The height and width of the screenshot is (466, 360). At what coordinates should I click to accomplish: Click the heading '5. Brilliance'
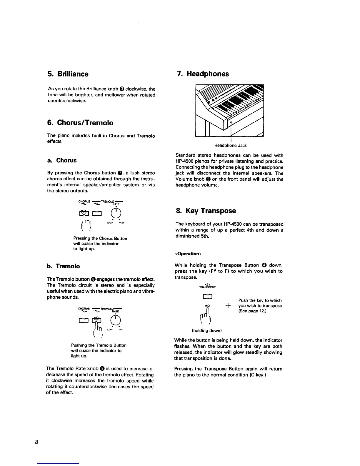click(x=68, y=74)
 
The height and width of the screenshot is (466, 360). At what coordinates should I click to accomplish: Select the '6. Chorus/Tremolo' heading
click(x=80, y=123)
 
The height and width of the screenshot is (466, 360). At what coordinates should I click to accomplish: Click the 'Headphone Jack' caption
click(x=230, y=145)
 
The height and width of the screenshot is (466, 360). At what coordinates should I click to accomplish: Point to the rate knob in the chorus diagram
click(x=116, y=212)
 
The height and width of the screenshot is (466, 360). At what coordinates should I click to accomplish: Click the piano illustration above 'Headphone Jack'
click(x=229, y=110)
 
